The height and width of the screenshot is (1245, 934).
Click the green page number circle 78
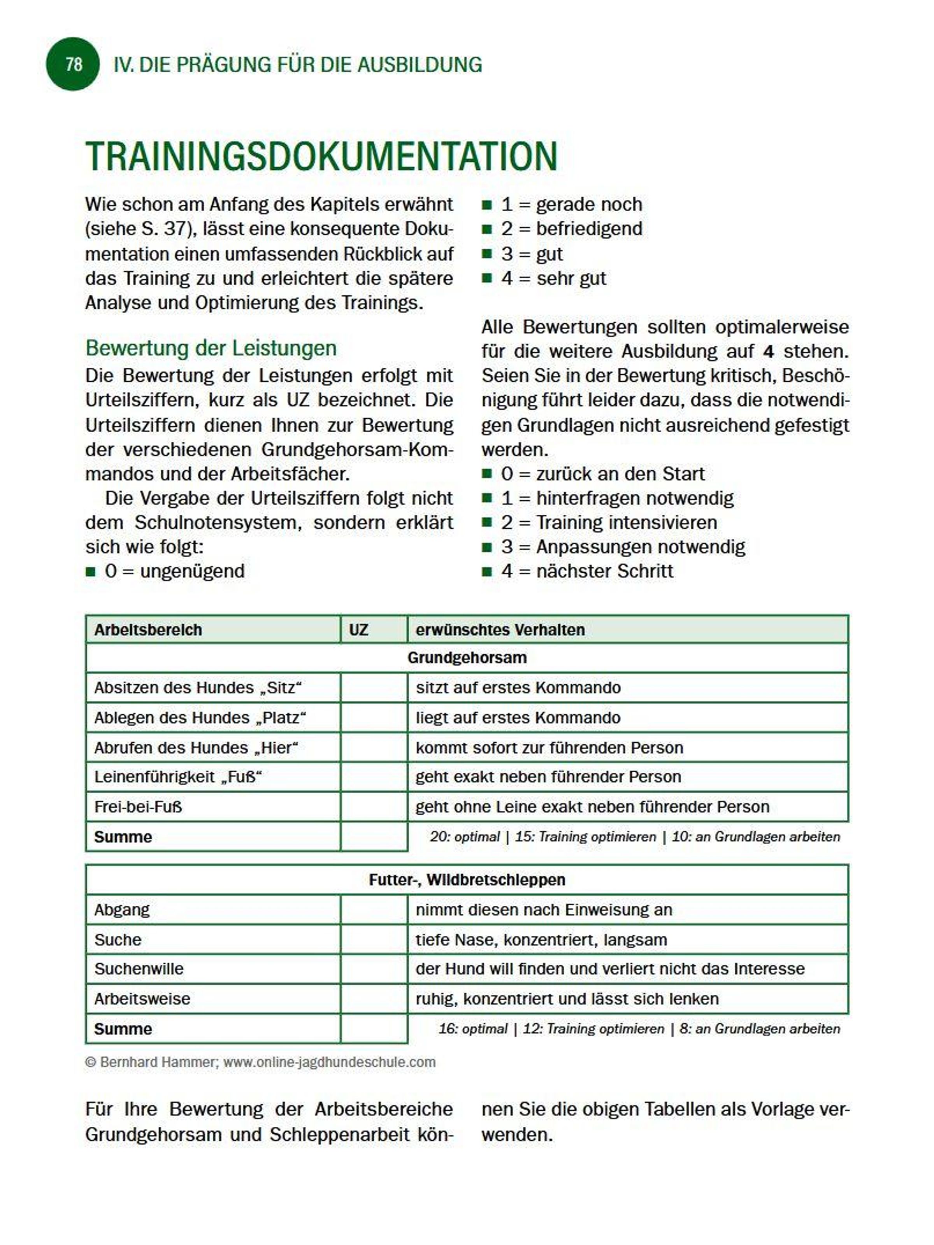[x=73, y=64]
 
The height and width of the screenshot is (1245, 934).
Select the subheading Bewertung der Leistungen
[x=211, y=348]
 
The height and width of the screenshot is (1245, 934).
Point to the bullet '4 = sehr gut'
[x=553, y=278]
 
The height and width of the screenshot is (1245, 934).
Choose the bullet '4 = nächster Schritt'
[x=586, y=571]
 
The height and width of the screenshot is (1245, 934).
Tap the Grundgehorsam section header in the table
[x=467, y=658]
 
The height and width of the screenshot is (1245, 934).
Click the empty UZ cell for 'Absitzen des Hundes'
[x=374, y=688]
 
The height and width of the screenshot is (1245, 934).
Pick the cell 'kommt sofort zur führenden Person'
[x=549, y=747]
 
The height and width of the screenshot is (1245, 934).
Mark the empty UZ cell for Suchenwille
[x=374, y=969]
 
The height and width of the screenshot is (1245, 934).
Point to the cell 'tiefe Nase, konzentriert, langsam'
[x=541, y=939]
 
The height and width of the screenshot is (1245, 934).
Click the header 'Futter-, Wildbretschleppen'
[x=467, y=880]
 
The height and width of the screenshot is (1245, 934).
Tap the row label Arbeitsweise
[x=142, y=998]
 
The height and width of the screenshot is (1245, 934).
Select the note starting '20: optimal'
[x=634, y=837]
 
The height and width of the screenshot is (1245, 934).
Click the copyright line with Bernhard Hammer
[x=260, y=1062]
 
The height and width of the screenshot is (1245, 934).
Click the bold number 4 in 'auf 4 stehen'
[x=768, y=352]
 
